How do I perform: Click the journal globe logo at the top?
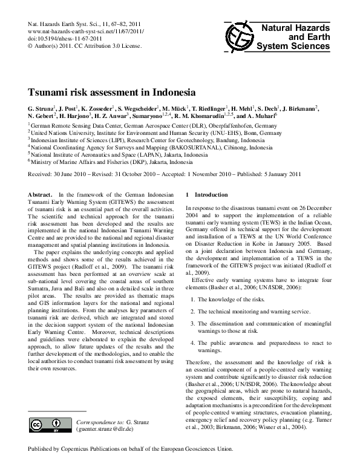click(x=237, y=36)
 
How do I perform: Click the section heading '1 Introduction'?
click(x=208, y=195)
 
